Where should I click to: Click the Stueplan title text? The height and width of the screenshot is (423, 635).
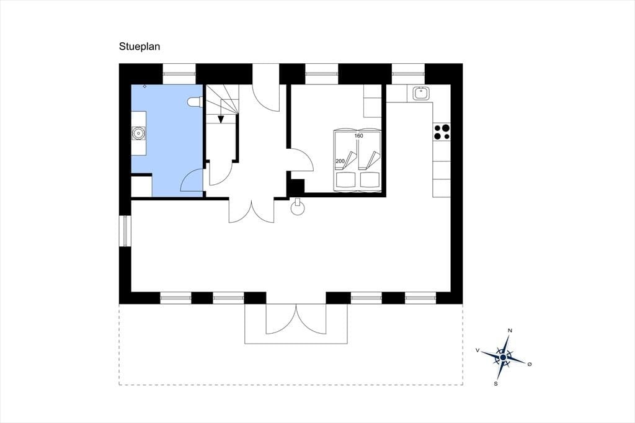click(140, 47)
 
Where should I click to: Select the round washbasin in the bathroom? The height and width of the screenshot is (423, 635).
click(138, 133)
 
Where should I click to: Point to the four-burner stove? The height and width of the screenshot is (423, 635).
click(442, 131)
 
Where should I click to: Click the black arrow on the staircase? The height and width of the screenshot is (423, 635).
click(221, 118)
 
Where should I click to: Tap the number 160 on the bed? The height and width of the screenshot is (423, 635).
click(359, 136)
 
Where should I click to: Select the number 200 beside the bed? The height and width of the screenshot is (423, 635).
click(340, 161)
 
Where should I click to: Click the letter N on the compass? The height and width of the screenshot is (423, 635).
click(510, 331)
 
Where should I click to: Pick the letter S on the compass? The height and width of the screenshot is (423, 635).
click(495, 383)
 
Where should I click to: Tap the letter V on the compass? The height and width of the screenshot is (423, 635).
click(478, 350)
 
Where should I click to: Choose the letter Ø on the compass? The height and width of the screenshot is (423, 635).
click(530, 364)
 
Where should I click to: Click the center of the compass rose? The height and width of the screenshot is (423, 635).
click(503, 357)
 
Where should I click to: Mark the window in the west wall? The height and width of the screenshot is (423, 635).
click(125, 231)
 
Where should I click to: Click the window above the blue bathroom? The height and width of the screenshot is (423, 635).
click(179, 74)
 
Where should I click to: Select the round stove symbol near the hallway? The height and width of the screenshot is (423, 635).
click(298, 207)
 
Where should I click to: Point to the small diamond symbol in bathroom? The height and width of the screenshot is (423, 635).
click(145, 86)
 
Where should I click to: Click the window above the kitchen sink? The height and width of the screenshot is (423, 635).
click(408, 74)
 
